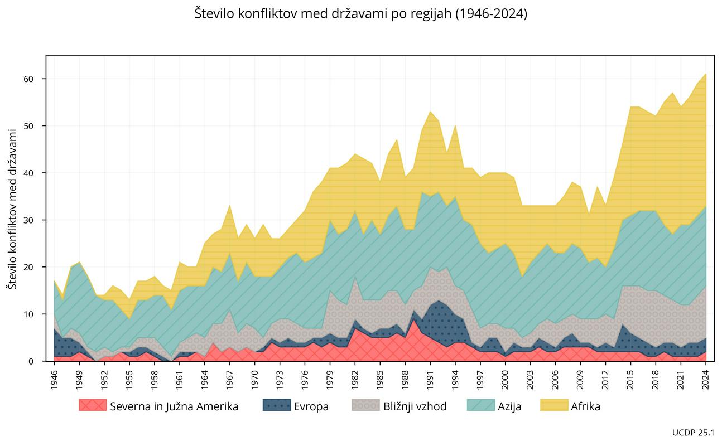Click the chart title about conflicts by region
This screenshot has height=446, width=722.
360,14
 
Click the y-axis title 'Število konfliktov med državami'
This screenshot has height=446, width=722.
11,208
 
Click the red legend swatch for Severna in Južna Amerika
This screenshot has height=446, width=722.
93,406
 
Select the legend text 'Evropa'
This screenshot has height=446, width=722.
311,406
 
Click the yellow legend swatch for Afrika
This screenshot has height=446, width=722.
554,406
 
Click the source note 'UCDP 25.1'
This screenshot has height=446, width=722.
694,432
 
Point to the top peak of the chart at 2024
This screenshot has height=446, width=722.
706,74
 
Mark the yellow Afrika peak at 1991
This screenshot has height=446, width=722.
430,112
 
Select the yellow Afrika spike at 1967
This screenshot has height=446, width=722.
230,206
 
